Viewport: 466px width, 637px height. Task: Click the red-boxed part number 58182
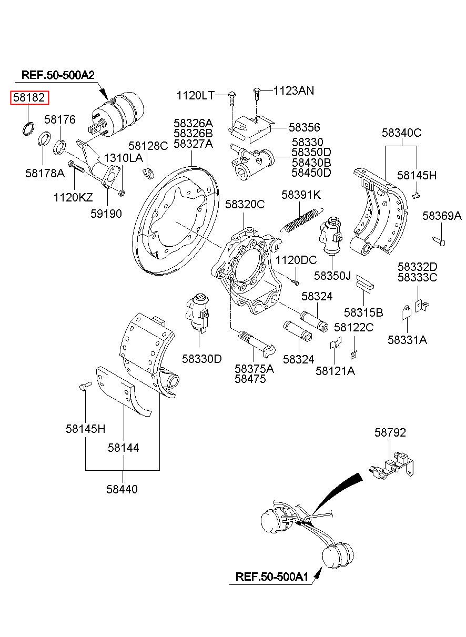[x=30, y=98]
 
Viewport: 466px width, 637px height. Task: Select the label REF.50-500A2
[x=58, y=75]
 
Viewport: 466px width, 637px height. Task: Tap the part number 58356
[x=304, y=127]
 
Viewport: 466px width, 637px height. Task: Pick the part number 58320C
[x=245, y=204]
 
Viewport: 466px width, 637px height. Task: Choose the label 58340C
[x=402, y=133]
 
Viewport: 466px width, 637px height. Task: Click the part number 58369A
[x=442, y=216]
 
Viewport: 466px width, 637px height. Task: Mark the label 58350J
[x=332, y=275]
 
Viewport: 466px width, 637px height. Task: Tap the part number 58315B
[x=363, y=312]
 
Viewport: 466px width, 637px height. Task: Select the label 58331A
[x=407, y=340]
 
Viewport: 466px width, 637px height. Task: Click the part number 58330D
[x=202, y=359]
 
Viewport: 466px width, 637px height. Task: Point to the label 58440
[x=122, y=489]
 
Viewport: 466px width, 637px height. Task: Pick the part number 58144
[x=124, y=448]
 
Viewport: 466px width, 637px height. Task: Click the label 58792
[x=390, y=432]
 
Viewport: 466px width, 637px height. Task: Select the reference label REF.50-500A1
[x=271, y=576]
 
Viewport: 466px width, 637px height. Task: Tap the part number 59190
[x=106, y=213]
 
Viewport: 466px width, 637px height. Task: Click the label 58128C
[x=148, y=146]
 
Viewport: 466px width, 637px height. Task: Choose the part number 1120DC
[x=296, y=260]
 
